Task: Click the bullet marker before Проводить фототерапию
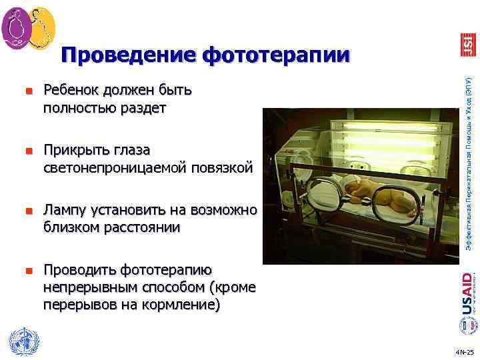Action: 29,271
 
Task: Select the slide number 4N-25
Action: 463,351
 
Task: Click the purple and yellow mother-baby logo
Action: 28,27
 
